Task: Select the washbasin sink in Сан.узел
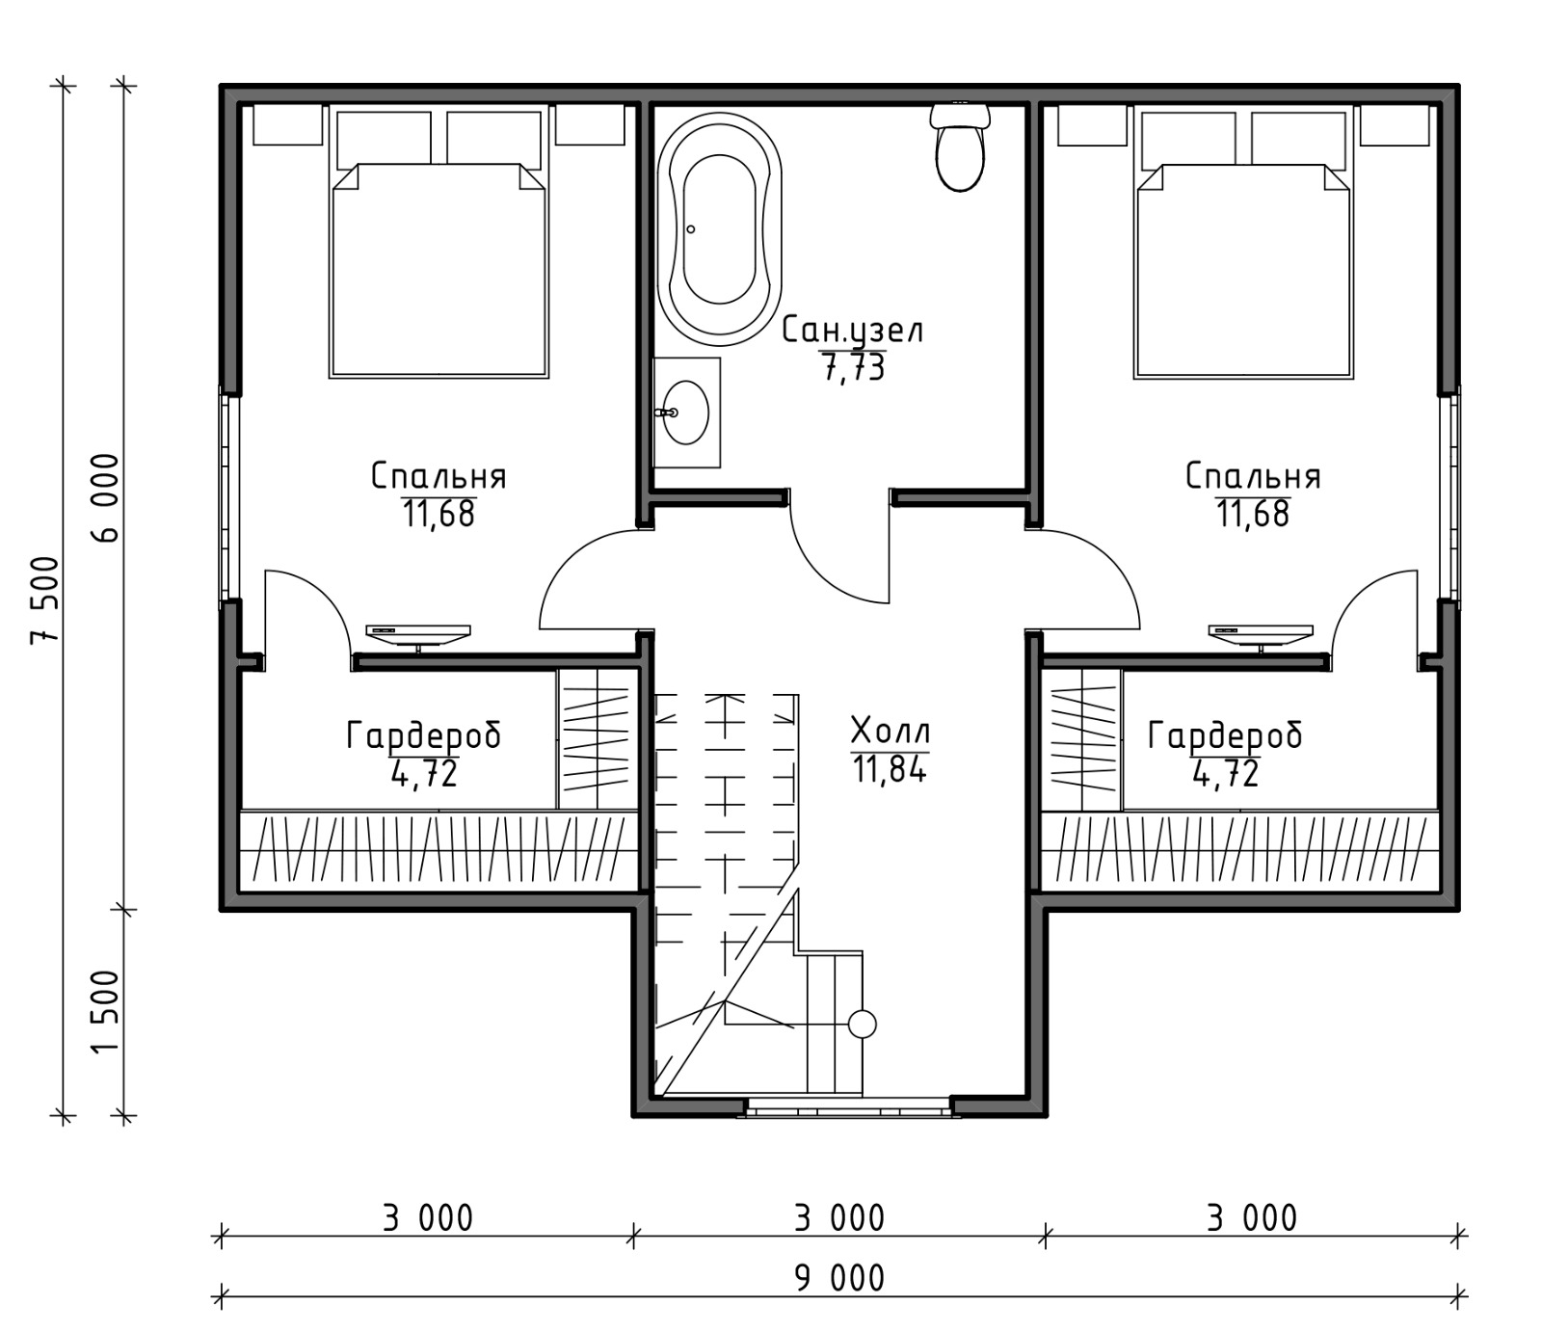686,413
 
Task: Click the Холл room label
891,732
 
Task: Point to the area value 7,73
853,367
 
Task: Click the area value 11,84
890,769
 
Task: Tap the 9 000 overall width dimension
838,1279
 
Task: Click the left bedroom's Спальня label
439,477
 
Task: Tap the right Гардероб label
1225,737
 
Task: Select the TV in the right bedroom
1261,635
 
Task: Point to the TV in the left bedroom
418,635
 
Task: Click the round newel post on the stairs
862,1025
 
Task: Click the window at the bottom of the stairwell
849,1109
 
